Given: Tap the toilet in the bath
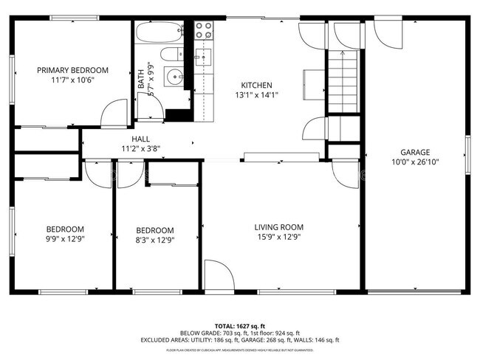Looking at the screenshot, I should coord(170,54).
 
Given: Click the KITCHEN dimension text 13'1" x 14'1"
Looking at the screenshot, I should coord(256,94).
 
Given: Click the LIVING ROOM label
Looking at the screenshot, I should coord(279,227).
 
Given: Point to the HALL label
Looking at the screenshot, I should coord(140,139).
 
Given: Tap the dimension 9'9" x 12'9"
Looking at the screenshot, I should coord(65,238).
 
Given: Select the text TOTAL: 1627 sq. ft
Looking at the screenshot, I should coord(240,325).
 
